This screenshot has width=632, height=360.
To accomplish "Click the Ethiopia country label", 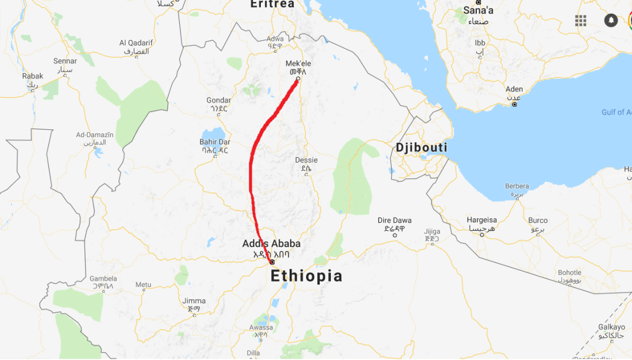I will tap(306, 276).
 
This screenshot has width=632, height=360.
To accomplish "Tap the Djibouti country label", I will tap(421, 148).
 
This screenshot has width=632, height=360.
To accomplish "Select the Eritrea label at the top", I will tap(272, 4).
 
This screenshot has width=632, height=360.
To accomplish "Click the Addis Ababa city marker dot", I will tap(272, 262).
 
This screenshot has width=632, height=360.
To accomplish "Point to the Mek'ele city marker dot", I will tap(298, 79).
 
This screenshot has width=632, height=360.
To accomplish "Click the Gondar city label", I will tap(218, 100).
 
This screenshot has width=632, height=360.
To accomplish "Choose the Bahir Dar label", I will tap(214, 142).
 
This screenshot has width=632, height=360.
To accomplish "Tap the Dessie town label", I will tap(306, 160).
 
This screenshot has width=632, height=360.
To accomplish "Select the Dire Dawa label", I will tap(394, 220).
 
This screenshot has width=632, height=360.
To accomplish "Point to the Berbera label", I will tap(517, 186).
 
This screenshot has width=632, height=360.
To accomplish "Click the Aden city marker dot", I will tap(515, 104).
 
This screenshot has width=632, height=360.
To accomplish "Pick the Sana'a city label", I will tap(479, 10).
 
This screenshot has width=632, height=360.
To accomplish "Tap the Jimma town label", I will tap(194, 301).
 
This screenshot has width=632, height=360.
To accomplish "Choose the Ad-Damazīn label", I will tap(95, 135).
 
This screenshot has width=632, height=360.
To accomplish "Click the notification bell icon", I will tap(611, 20).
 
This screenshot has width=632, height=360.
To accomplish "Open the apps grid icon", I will tap(581, 20).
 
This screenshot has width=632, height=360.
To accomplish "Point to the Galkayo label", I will tap(611, 327).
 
